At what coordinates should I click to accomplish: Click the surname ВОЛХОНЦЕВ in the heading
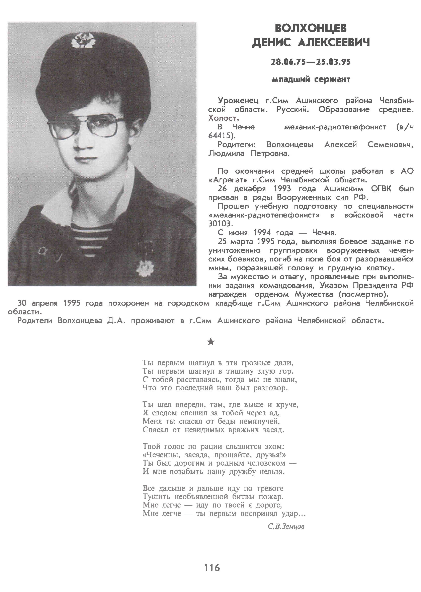tap(311, 28)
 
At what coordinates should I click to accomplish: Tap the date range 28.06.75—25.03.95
tap(311, 62)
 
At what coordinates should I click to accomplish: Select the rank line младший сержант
tap(311, 79)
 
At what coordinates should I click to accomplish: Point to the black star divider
tap(211, 342)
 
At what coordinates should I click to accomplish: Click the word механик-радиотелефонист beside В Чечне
tap(335, 127)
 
